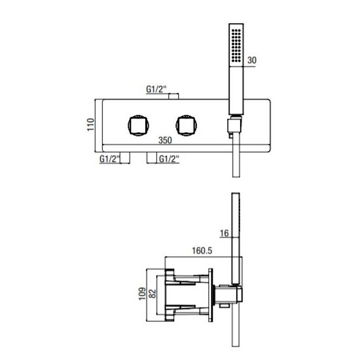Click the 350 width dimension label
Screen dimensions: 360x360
click(165, 140)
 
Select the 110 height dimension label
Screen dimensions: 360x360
click(90, 125)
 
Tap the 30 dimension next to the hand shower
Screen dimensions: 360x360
click(252, 60)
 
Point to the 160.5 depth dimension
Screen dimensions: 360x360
click(202, 250)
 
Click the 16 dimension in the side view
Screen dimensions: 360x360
click(225, 234)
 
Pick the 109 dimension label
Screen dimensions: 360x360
click(142, 294)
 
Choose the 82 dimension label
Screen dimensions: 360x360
click(152, 294)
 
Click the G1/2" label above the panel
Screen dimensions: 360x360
click(156, 89)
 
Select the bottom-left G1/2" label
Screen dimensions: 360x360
click(110, 159)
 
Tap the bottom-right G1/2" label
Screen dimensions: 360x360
click(169, 159)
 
